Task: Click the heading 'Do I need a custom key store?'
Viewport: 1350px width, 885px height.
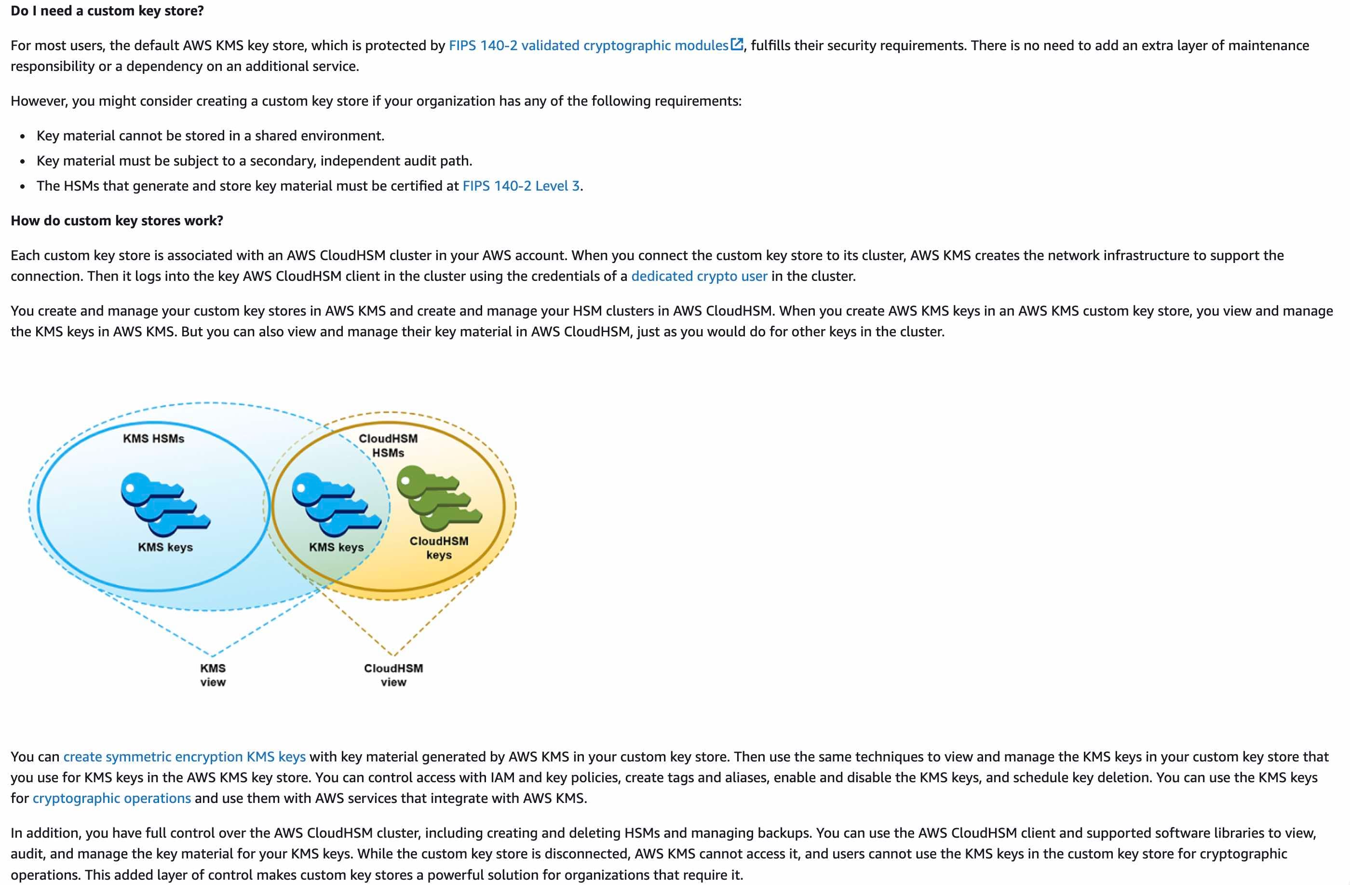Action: (x=107, y=11)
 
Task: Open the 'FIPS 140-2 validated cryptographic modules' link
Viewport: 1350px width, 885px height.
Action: (x=588, y=45)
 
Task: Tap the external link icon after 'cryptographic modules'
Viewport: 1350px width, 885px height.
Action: (x=736, y=44)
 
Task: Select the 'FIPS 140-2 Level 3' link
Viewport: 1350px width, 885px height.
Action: (x=521, y=186)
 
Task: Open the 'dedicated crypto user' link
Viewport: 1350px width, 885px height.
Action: (x=699, y=276)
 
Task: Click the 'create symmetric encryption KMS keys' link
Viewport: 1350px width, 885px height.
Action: (x=184, y=756)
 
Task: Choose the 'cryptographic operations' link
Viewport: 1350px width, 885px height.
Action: (x=112, y=798)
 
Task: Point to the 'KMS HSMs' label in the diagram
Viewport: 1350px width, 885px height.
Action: (x=154, y=438)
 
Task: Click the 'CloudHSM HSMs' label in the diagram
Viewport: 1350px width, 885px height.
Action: (x=388, y=445)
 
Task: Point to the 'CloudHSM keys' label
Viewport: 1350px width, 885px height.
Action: (x=439, y=548)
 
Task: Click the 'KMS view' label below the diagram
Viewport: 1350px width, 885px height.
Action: (x=213, y=675)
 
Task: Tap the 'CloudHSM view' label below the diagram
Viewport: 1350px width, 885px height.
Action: (x=393, y=675)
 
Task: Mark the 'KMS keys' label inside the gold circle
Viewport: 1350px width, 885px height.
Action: (x=337, y=547)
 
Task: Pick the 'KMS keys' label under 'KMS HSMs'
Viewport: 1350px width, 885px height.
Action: (x=165, y=547)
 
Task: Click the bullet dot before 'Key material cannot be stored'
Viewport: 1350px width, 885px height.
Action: (x=22, y=136)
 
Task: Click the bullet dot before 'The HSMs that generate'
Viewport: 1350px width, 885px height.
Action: (x=22, y=186)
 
